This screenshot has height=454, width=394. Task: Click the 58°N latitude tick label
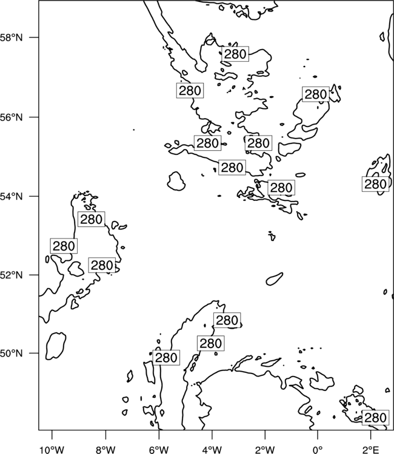click(x=12, y=38)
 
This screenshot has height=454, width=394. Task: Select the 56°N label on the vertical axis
click(x=12, y=117)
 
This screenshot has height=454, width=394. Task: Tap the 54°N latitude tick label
click(x=12, y=196)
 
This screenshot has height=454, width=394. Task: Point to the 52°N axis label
click(x=12, y=275)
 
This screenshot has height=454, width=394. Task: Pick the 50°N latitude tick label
click(x=12, y=354)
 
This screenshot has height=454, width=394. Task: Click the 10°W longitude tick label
click(x=52, y=450)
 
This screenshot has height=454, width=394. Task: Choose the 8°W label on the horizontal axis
click(x=105, y=450)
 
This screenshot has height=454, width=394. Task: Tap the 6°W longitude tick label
click(x=159, y=450)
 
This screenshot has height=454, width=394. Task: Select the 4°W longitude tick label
click(x=212, y=450)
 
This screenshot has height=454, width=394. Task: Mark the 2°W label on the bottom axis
click(x=265, y=450)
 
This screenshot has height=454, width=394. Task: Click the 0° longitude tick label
click(x=318, y=450)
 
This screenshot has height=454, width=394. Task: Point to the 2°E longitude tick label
click(x=371, y=450)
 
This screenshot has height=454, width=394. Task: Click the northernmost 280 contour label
click(x=235, y=54)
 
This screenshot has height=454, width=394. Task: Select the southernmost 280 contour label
click(x=375, y=418)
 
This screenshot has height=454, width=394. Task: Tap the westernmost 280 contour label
click(x=64, y=246)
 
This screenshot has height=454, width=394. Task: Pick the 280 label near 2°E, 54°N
click(x=375, y=184)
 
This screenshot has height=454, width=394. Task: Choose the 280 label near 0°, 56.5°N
click(x=316, y=94)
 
